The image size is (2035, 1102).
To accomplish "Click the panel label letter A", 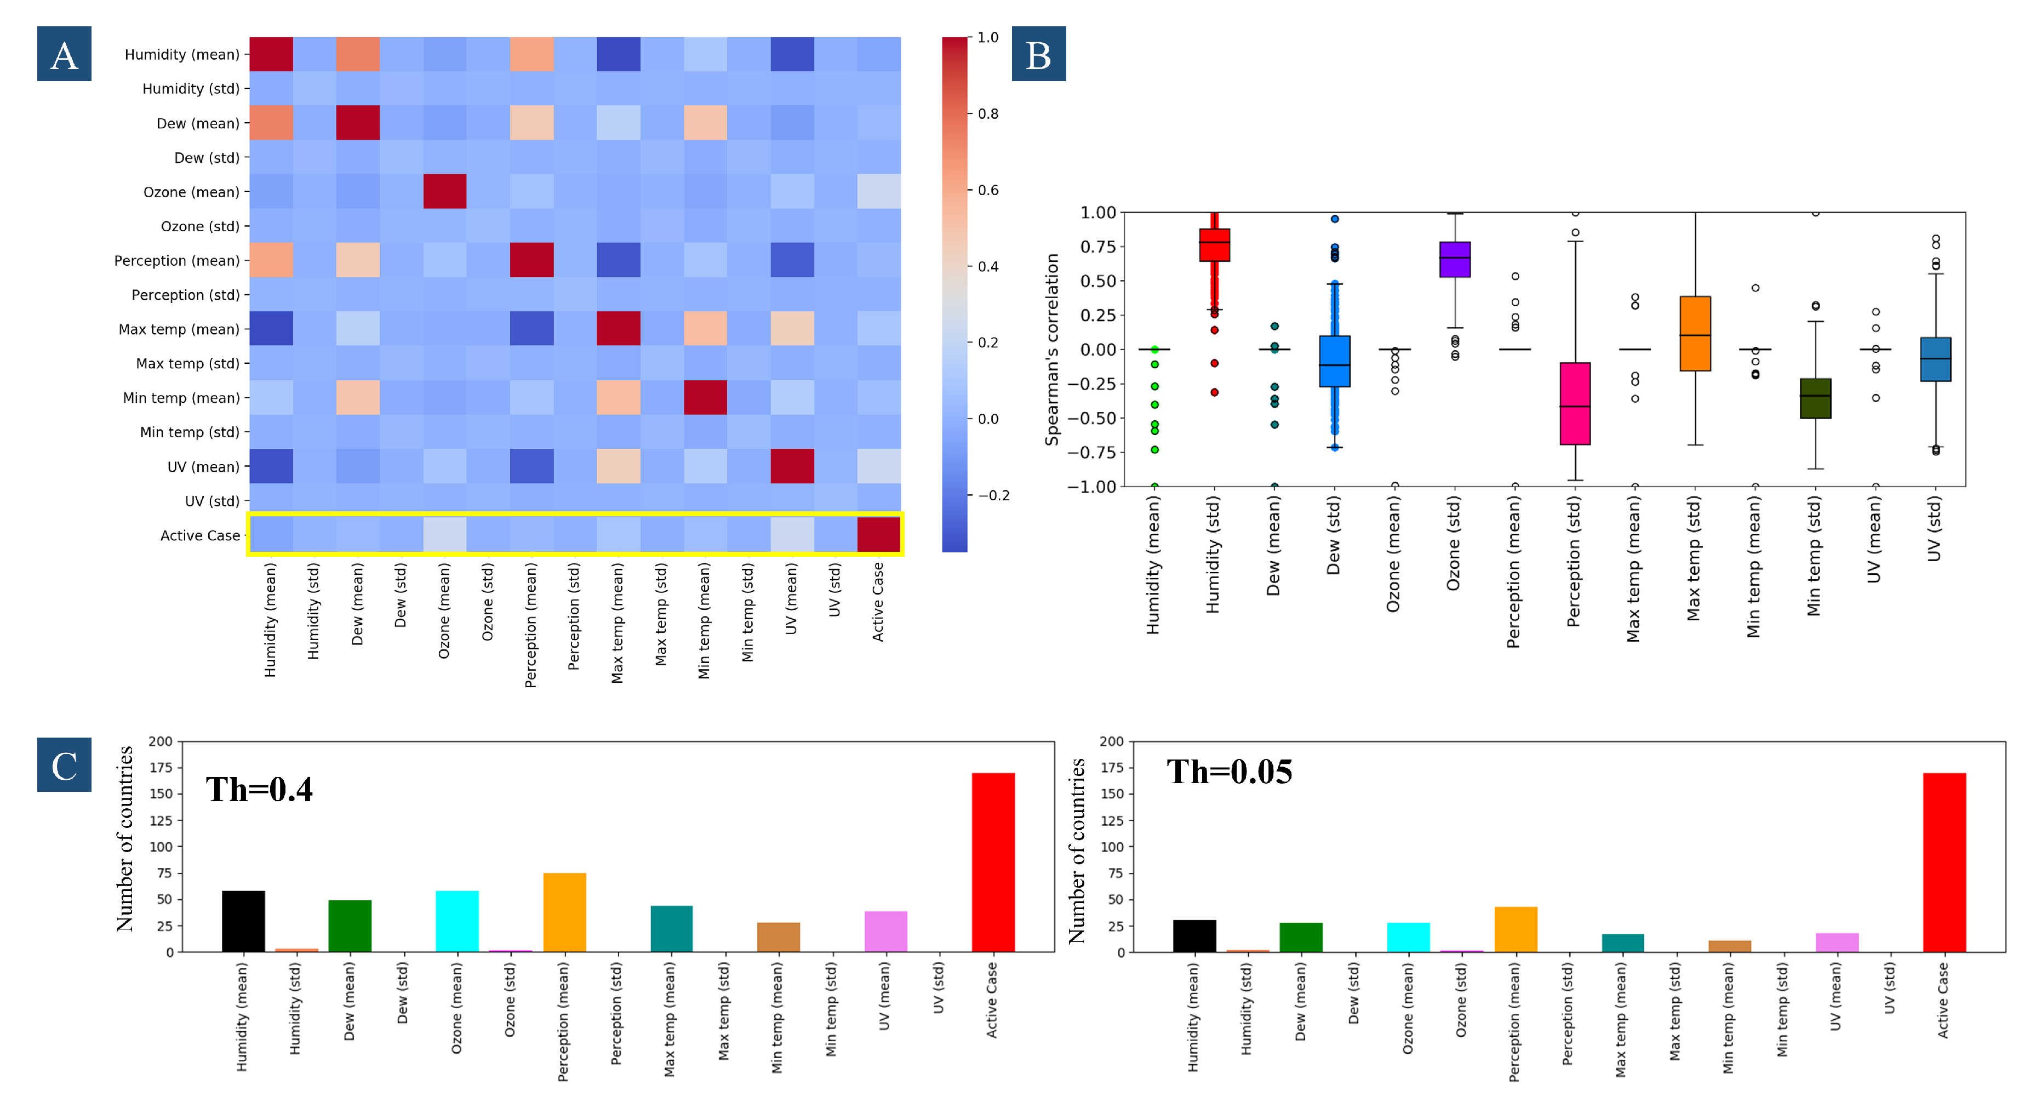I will click(64, 54).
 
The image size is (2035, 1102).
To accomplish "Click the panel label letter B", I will click(1038, 54).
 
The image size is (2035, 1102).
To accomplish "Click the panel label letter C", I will click(64, 764).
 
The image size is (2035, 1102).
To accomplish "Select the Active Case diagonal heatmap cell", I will click(878, 534).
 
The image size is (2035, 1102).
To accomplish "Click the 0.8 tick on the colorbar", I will click(987, 114).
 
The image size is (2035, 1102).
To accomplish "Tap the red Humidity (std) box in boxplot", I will click(1214, 245).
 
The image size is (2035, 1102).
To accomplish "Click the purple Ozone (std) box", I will click(1454, 259).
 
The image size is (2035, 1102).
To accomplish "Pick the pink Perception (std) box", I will click(1574, 404).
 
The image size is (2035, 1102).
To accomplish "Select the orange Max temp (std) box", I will click(1695, 333).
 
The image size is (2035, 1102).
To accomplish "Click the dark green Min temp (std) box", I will click(1815, 398).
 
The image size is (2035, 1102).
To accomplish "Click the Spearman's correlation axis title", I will click(1051, 349).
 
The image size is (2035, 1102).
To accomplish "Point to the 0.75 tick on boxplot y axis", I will click(1097, 247).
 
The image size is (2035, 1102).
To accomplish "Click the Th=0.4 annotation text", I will click(259, 789).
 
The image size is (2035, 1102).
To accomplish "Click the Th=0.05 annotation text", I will click(1229, 772).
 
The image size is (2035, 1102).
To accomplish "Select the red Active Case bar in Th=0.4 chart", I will click(992, 862).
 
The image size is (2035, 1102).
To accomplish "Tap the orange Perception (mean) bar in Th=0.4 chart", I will click(564, 912).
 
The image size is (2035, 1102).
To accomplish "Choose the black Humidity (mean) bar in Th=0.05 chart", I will click(1194, 935).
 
